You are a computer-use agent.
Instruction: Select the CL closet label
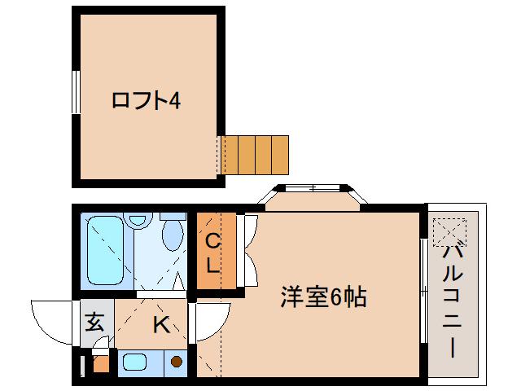click(x=212, y=253)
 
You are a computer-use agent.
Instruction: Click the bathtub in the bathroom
click(x=105, y=250)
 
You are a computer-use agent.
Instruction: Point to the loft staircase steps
click(x=254, y=154)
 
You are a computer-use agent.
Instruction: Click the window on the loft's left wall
click(x=74, y=91)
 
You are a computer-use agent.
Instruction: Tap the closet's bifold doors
click(x=249, y=251)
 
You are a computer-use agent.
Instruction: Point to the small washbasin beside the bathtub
click(x=138, y=219)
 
